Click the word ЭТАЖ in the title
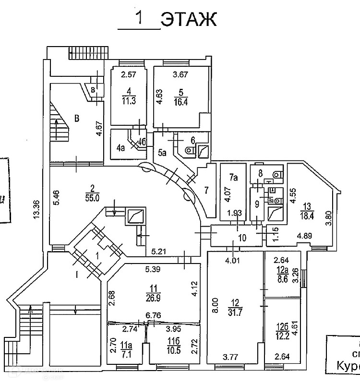coord(189,20)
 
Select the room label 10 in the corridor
coord(242,238)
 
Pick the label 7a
coord(233,178)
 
